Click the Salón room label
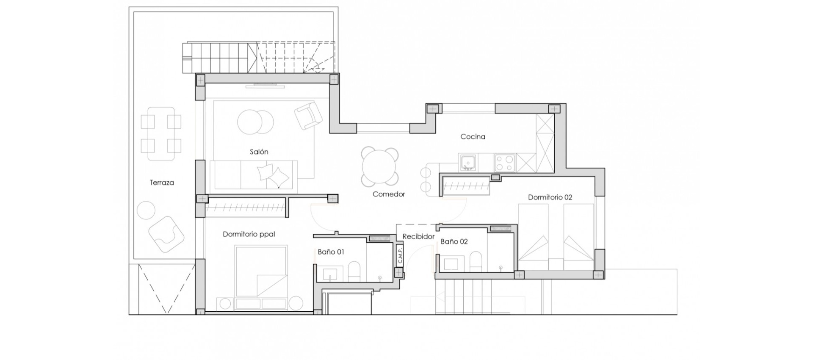pos(259,152)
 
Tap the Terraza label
pos(162,183)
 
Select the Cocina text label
pos(473,136)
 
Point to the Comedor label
pos(389,194)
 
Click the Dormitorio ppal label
pos(249,234)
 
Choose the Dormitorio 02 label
pos(550,197)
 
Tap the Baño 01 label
pos(331,252)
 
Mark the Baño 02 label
pos(454,241)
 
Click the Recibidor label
pos(418,236)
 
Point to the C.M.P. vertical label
pos(399,255)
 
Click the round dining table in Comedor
pos(380,166)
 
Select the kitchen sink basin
pos(468,163)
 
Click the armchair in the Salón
pos(308,115)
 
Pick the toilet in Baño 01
pos(354,271)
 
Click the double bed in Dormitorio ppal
pos(261,271)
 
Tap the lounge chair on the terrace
pos(166,234)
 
